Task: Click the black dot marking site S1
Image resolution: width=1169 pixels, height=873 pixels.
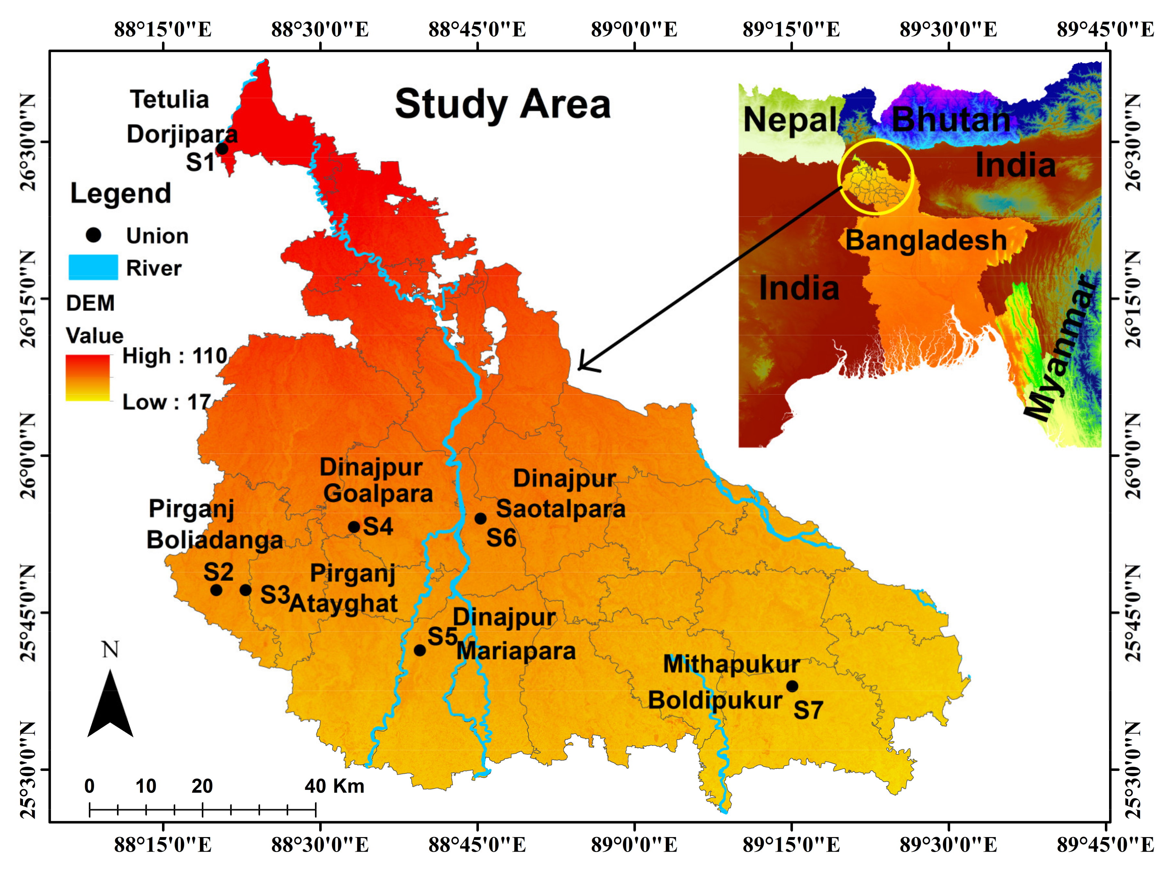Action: click(223, 149)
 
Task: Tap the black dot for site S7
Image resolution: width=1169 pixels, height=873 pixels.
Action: click(792, 686)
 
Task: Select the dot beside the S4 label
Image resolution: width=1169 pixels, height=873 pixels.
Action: click(354, 527)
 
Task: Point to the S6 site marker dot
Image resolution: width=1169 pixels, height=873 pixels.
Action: click(480, 518)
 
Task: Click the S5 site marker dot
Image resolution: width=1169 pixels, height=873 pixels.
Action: click(420, 650)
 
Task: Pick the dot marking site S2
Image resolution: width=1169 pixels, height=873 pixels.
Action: click(216, 590)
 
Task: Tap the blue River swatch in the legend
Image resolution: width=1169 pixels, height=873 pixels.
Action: click(94, 267)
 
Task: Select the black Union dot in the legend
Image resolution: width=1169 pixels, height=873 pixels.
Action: click(94, 235)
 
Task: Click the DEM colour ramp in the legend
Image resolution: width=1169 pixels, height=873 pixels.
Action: click(88, 378)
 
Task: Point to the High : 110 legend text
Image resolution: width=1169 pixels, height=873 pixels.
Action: click(174, 356)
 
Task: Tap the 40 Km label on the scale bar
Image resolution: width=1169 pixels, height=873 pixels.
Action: click(334, 786)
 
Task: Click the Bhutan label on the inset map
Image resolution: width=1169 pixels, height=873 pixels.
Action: click(951, 120)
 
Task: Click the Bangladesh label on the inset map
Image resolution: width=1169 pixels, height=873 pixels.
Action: click(926, 240)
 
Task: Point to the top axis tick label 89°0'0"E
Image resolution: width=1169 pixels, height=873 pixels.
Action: click(634, 29)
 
